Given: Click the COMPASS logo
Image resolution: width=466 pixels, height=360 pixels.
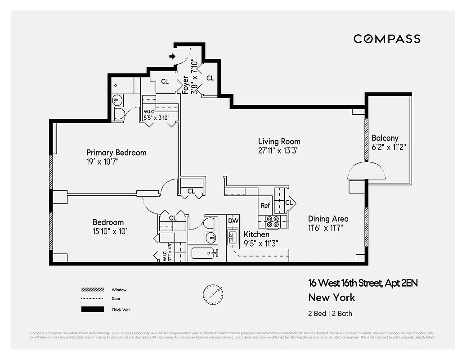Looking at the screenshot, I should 387,39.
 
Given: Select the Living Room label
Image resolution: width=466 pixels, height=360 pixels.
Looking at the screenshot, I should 279,141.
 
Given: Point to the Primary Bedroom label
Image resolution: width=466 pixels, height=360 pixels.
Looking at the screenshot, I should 116,153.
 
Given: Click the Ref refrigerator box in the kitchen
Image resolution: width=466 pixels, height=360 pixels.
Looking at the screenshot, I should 265,205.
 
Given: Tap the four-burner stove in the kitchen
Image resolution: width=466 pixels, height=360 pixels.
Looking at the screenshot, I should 273,222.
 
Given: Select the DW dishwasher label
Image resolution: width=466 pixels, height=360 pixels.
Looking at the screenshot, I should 233,221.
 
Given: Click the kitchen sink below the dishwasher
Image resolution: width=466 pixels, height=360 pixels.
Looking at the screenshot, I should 233,237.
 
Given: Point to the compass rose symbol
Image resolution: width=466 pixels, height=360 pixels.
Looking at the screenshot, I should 213,294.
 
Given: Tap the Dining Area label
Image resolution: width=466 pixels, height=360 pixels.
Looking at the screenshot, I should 328,219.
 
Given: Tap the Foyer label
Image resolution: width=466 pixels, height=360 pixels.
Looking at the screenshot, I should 185,85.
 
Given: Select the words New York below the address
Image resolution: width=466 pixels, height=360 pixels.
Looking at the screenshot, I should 332,297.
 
